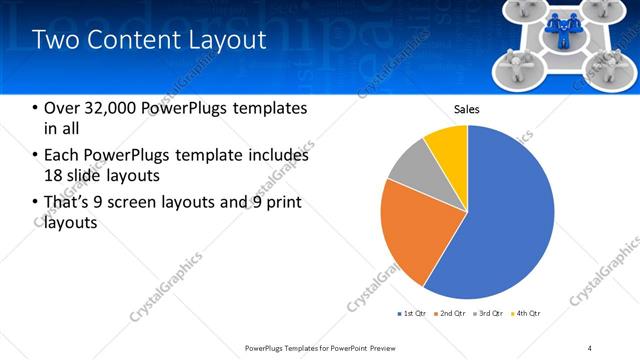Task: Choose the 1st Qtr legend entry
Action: click(x=411, y=314)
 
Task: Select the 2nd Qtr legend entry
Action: click(x=451, y=314)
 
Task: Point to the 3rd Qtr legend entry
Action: click(x=490, y=314)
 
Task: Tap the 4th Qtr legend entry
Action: click(x=528, y=314)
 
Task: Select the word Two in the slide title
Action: click(x=55, y=41)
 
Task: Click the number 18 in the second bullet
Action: click(x=55, y=175)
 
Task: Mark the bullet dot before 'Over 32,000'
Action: click(x=35, y=108)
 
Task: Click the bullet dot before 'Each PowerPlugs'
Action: click(x=35, y=156)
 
